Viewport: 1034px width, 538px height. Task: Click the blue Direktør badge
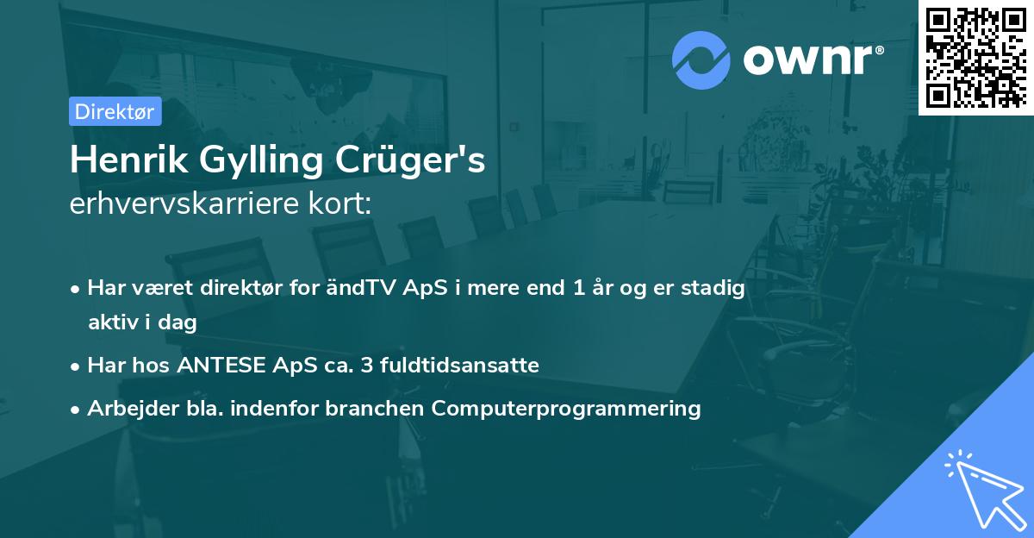(115, 111)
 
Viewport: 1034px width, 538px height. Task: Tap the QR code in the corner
(975, 57)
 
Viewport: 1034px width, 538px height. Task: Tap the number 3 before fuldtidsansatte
(367, 366)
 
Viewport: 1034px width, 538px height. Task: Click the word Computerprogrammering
(566, 409)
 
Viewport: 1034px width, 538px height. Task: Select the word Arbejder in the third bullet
(126, 409)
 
